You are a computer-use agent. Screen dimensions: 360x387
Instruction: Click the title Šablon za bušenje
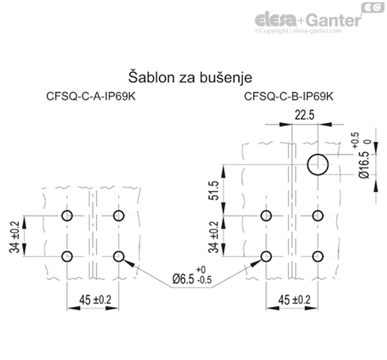click(190, 78)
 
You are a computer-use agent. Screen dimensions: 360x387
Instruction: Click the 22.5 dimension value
click(305, 116)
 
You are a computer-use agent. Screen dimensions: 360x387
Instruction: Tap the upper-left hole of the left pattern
click(67, 216)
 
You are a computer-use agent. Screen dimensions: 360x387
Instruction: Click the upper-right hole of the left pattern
click(120, 216)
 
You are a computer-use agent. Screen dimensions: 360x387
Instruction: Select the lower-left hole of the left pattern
click(67, 255)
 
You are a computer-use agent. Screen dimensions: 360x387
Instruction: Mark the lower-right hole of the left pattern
click(120, 255)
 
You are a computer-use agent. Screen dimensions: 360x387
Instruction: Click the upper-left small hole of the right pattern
click(266, 216)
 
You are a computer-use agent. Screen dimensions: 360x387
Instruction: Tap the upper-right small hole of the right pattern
click(318, 216)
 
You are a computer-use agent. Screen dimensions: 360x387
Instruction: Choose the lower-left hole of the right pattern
click(266, 255)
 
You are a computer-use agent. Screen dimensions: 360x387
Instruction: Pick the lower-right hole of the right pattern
click(318, 255)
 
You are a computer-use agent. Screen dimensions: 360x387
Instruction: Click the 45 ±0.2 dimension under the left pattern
click(94, 300)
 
